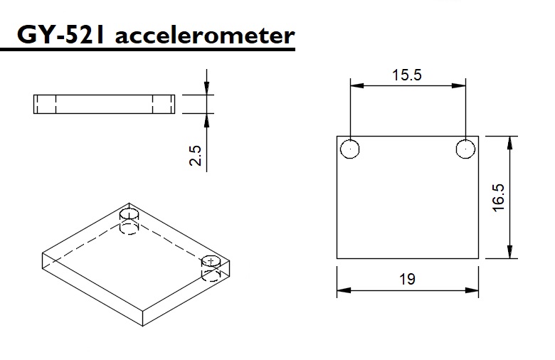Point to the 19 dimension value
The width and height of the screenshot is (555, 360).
click(x=407, y=280)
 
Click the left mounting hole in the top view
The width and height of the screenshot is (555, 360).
click(x=350, y=149)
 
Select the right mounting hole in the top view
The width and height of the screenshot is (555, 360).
click(x=465, y=149)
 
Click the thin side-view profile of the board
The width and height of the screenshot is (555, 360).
click(x=104, y=104)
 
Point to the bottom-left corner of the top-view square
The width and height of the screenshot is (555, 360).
click(x=337, y=258)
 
